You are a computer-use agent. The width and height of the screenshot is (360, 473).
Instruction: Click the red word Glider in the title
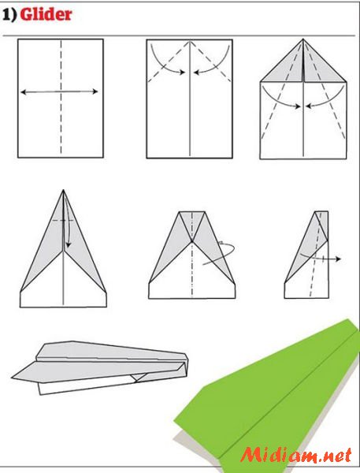46,14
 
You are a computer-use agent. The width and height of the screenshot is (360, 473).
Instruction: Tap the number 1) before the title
9,14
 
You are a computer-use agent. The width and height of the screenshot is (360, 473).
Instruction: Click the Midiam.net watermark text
296,455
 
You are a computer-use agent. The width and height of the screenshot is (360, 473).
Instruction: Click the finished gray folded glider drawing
99,367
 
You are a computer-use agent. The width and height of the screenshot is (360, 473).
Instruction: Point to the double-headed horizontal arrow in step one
59,91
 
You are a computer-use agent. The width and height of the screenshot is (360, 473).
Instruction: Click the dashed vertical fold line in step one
61,97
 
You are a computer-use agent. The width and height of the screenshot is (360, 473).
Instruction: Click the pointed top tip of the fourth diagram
63,190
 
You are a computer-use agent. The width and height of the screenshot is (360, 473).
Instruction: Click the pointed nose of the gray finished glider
13,378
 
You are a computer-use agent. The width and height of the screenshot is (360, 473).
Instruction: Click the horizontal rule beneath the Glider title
179,36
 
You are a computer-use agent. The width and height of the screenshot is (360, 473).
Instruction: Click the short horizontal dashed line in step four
63,221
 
